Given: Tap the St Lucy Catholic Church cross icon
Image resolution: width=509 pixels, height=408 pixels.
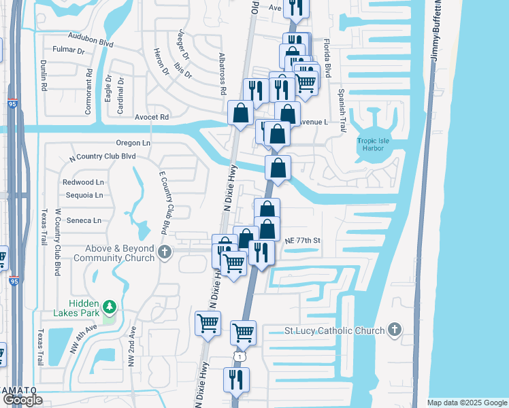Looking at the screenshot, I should (393, 330).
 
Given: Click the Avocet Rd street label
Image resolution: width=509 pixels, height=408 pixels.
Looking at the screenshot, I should (151, 117).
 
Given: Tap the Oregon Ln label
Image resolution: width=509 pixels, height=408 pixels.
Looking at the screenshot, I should (133, 143).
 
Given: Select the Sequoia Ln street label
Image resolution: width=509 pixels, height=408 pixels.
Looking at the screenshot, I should (83, 195).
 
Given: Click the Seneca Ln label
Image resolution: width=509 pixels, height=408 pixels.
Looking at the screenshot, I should (83, 220).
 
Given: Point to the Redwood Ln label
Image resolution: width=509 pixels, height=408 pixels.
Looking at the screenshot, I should (83, 182).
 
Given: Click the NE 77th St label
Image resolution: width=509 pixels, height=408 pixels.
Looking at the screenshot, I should (303, 240).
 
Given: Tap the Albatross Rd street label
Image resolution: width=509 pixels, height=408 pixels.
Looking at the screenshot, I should (223, 73).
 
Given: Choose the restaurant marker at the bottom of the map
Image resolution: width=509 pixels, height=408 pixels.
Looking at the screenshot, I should (236, 379).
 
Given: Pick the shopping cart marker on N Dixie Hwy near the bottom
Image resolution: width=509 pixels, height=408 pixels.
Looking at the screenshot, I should (208, 324).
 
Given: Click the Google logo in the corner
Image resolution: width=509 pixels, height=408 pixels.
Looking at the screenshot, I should (22, 400).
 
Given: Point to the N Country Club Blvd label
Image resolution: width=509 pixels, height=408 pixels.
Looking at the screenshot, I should (103, 156).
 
